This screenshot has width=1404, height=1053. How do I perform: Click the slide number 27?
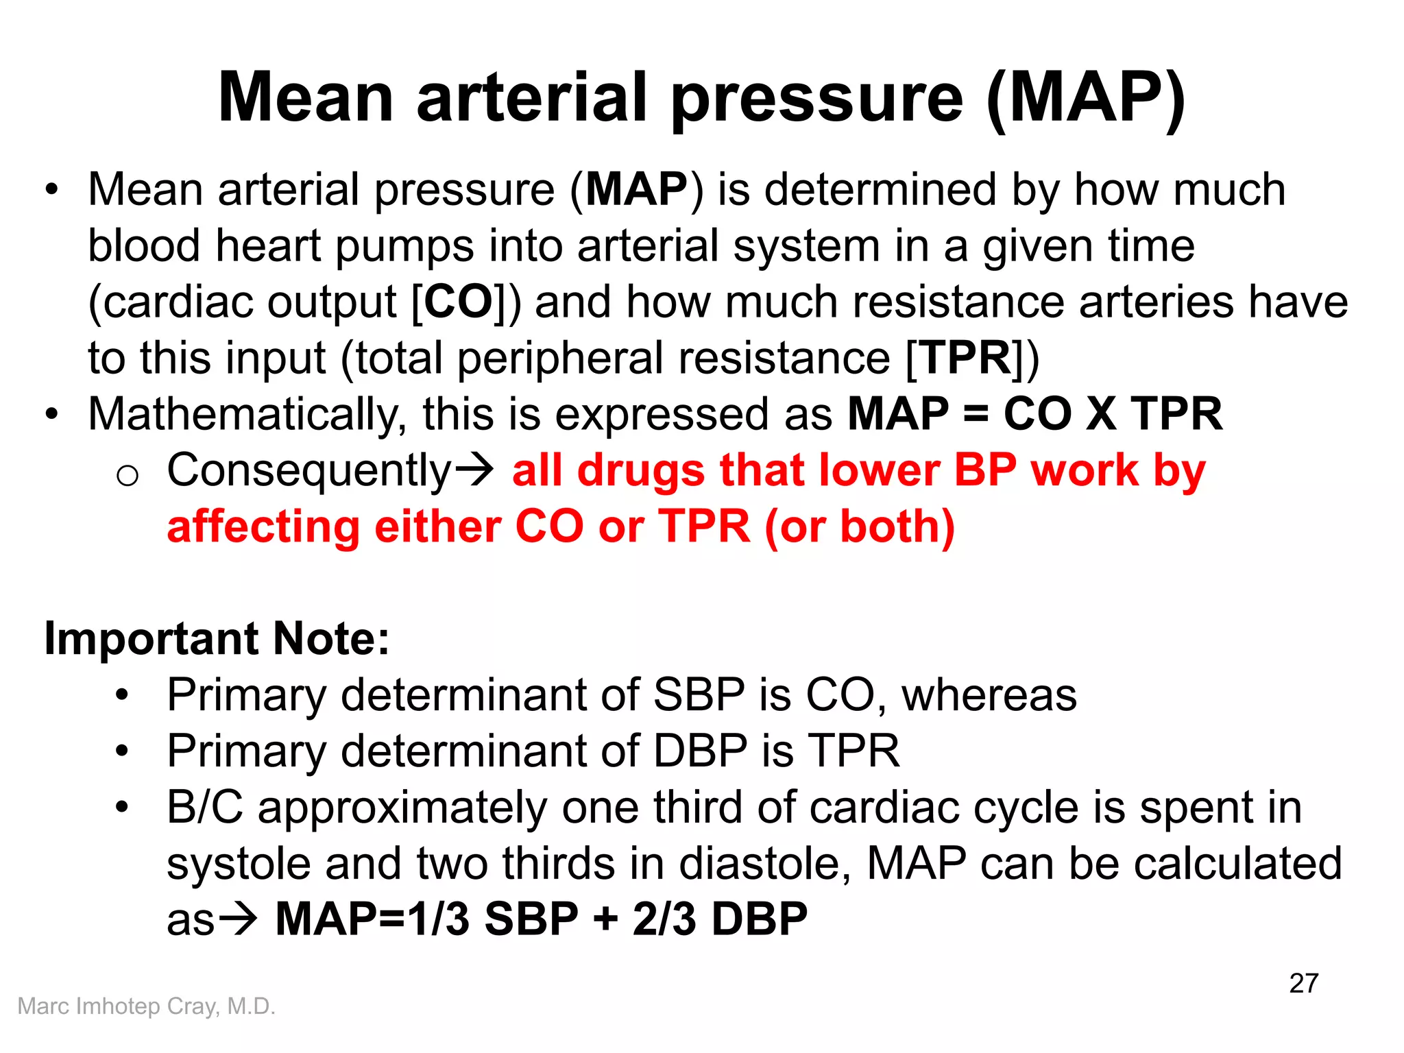(1303, 983)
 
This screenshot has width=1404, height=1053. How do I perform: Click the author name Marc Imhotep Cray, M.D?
(146, 1006)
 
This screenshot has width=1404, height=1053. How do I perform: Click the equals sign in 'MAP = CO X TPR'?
(976, 414)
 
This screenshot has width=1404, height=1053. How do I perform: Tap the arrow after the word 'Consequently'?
(474, 470)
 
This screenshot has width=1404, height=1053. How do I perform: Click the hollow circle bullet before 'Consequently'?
(128, 475)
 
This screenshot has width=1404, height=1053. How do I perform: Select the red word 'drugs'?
(641, 470)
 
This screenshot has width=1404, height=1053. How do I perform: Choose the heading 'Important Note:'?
(217, 639)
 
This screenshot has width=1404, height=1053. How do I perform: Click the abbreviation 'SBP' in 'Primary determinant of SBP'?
(699, 695)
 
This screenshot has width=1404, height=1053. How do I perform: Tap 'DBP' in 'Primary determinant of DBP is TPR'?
(700, 751)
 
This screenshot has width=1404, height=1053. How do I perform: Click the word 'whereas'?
(989, 695)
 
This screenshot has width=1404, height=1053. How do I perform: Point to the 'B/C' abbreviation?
(205, 807)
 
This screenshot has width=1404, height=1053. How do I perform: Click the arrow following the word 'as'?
(237, 919)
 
